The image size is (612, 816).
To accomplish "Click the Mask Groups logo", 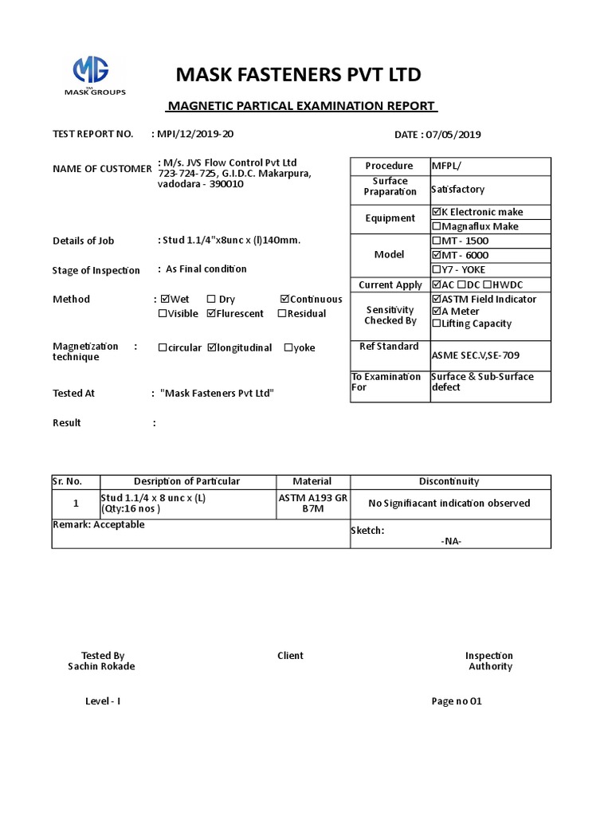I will [94, 76].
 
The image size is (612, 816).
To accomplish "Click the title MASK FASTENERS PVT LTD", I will [298, 75].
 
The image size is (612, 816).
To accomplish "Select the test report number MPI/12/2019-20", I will [195, 134].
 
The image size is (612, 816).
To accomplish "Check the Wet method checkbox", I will [165, 300].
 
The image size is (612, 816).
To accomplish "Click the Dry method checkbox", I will [211, 300].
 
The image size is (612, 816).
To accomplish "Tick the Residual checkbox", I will [282, 314].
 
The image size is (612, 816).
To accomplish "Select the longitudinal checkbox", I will [212, 348].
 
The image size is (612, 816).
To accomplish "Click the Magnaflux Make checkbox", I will [436, 227].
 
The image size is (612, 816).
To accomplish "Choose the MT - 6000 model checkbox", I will [436, 256].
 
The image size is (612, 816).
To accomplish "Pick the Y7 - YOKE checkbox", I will [436, 270].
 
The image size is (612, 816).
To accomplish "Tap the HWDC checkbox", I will [492, 285].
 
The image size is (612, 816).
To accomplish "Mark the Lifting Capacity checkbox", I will [436, 324].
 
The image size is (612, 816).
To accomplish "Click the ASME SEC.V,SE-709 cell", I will [477, 355].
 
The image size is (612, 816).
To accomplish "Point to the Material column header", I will [312, 481].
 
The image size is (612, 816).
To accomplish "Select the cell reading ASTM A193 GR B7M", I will [312, 504].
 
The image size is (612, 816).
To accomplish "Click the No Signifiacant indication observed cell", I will [449, 504].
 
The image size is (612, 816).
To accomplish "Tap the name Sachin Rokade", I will [101, 666].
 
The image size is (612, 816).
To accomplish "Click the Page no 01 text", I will [457, 702].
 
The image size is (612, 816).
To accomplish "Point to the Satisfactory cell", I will [458, 190].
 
